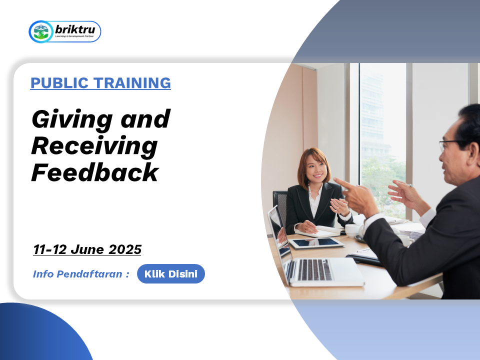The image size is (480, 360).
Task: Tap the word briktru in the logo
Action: (x=75, y=29)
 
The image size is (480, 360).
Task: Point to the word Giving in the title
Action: (x=72, y=119)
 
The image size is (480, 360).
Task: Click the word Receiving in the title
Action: (x=94, y=146)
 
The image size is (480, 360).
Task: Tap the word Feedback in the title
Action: (x=95, y=172)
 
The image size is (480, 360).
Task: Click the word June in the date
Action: (x=87, y=249)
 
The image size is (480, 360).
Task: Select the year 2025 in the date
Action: (x=125, y=249)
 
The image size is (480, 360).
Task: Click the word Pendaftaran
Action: (x=89, y=274)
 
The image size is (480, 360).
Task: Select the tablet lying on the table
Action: (x=316, y=243)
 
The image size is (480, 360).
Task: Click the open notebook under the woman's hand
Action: (x=318, y=231)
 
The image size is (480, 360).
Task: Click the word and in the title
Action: (x=145, y=119)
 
